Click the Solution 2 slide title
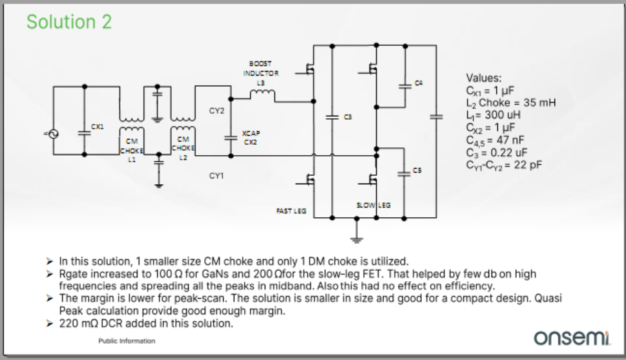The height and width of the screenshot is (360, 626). point(69,22)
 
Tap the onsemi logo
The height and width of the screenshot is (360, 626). point(572,337)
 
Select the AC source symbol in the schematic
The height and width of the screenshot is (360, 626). point(50,134)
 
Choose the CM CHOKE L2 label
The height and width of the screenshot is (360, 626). point(183,148)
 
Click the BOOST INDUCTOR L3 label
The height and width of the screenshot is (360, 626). point(260,73)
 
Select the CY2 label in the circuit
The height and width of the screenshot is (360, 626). point(216,111)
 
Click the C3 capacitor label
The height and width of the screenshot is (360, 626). point(348,116)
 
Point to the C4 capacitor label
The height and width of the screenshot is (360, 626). point(419,83)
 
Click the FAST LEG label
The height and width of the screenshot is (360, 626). point(291,211)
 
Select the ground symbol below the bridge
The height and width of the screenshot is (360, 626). point(355,239)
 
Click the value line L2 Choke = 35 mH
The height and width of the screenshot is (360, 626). point(510,103)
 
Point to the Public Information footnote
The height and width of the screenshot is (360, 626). point(127,341)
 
